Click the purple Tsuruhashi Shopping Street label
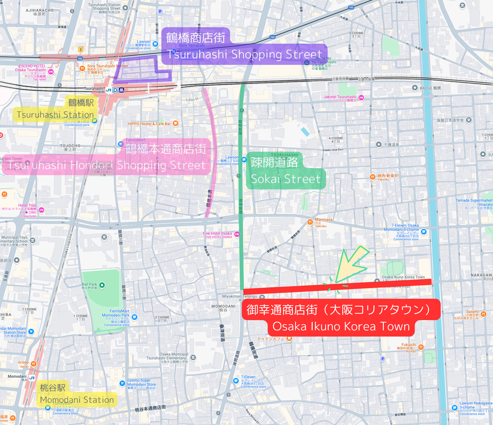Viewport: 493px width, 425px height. tap(244, 48)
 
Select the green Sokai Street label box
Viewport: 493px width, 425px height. tap(286, 171)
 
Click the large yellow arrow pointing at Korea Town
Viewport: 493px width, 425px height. tap(351, 265)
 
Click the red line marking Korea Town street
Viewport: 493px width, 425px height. tap(337, 286)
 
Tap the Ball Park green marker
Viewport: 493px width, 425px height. tap(102, 285)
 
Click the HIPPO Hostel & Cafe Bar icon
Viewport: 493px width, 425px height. tap(175, 123)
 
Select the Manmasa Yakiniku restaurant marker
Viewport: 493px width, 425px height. tap(310, 222)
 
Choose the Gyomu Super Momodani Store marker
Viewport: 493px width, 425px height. tap(122, 383)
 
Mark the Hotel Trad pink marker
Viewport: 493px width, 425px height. tap(41, 210)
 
